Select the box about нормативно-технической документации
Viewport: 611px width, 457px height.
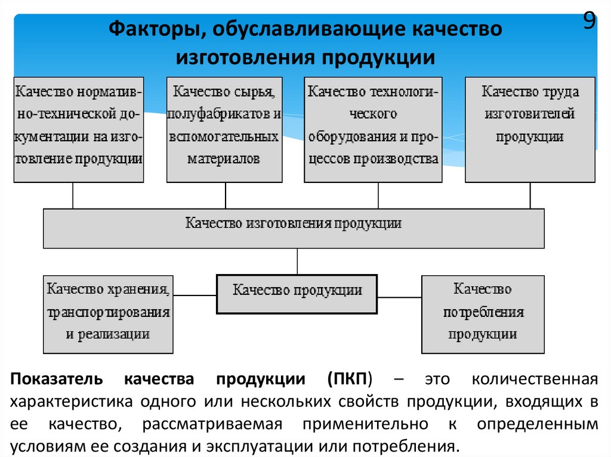click(x=79, y=129)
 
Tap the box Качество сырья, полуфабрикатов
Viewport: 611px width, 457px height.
click(x=224, y=129)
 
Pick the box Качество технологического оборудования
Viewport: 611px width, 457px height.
click(x=374, y=129)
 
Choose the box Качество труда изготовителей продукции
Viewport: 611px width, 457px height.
click(x=530, y=129)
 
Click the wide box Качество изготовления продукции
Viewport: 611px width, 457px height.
click(x=294, y=228)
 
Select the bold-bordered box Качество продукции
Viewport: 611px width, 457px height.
click(x=297, y=294)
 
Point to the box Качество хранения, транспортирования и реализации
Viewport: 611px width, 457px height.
click(x=108, y=314)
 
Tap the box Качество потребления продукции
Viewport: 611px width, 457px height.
click(x=483, y=314)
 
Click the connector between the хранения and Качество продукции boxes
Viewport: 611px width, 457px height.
click(x=195, y=294)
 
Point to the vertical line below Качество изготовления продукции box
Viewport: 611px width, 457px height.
click(x=297, y=261)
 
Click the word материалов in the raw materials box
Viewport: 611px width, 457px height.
click(x=224, y=159)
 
